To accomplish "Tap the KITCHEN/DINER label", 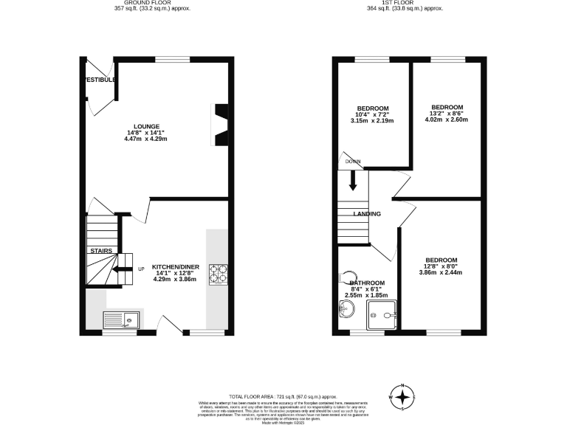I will [176, 266].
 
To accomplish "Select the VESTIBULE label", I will [99, 80].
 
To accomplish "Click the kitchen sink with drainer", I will [122, 319].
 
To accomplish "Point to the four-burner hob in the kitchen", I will [219, 274].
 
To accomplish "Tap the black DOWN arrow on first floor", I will [353, 179].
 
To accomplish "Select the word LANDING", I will [367, 214].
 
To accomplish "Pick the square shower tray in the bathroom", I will [383, 314].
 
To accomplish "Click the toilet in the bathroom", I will [345, 278].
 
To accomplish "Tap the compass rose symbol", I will [402, 397].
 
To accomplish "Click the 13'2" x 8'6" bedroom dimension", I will [447, 114].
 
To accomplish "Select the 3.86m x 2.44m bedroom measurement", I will [441, 273].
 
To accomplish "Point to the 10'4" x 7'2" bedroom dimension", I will [372, 114].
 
